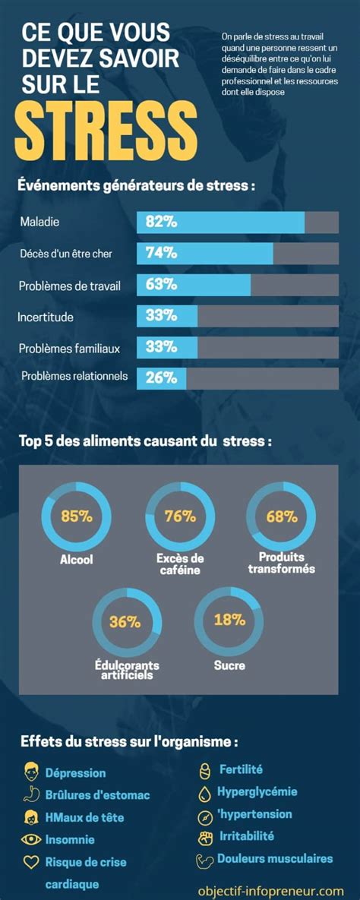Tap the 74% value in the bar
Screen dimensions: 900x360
[161, 254]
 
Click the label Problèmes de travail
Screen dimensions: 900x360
[70, 286]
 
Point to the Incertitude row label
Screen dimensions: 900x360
[46, 317]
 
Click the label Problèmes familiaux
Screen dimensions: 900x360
[69, 349]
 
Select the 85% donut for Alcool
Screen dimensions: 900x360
[76, 516]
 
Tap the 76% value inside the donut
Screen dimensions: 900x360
[180, 516]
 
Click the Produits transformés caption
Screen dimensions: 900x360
[281, 563]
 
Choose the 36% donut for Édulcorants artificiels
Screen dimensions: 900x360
[126, 621]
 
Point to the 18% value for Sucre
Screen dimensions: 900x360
[229, 619]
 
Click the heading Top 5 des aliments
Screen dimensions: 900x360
[144, 441]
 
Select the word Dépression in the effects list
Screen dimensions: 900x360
[75, 773]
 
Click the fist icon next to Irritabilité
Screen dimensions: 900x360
[204, 837]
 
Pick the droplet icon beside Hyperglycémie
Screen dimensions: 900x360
[204, 793]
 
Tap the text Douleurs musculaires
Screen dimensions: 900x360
[275, 859]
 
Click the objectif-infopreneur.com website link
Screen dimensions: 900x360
[270, 890]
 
